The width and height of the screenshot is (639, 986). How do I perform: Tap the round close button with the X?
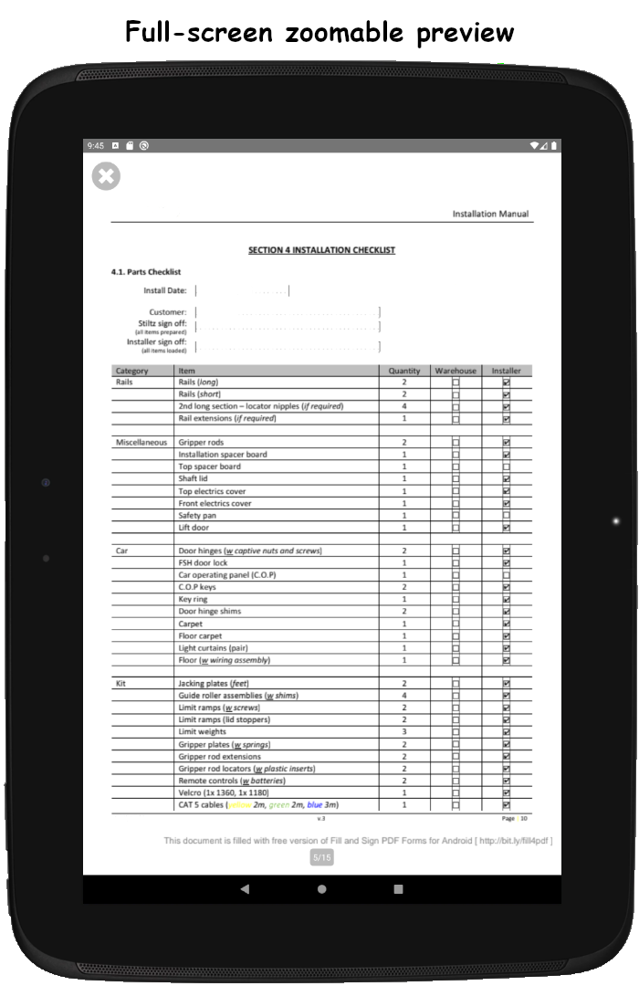pos(106,176)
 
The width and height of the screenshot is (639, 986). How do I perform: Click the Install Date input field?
pos(242,291)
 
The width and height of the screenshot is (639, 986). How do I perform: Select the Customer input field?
pos(288,312)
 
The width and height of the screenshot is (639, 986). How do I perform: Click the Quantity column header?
pos(404,371)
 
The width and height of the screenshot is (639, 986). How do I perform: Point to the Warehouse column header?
pos(456,371)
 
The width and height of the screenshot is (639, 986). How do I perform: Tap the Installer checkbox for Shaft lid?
pos(507,478)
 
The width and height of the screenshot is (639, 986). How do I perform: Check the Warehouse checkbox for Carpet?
pos(456,624)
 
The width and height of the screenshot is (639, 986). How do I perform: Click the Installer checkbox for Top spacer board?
pos(507,467)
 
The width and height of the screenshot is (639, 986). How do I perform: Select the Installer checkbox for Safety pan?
pos(507,515)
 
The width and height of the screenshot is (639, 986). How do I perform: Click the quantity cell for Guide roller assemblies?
pos(404,696)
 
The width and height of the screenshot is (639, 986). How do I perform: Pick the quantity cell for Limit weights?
pos(404,732)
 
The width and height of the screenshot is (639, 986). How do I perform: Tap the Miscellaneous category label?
pos(141,443)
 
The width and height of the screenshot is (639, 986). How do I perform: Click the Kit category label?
pos(121,683)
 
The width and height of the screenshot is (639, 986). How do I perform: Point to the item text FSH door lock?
pos(203,563)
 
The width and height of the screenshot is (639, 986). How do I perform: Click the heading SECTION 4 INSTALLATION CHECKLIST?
pos(321,250)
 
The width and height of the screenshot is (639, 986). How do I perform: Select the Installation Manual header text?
pos(490,214)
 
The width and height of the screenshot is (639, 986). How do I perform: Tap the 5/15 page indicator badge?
pos(322,857)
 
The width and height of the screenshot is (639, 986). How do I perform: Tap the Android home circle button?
pos(321,889)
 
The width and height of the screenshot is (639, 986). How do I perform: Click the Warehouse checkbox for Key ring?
pos(456,600)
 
